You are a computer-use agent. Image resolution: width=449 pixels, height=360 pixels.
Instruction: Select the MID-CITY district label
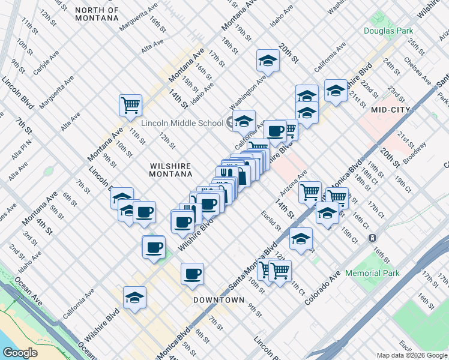pos(391,110)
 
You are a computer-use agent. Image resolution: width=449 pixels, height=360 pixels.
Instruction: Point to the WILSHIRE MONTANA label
pos(171,168)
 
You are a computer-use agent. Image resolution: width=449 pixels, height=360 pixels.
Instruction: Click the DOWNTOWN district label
pos(219,299)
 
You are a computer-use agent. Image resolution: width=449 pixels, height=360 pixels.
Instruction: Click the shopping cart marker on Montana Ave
pos(130,106)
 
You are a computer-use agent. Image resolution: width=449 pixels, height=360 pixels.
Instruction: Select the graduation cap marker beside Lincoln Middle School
pos(244,121)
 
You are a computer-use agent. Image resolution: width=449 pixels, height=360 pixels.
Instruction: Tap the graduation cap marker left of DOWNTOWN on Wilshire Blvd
pos(134,298)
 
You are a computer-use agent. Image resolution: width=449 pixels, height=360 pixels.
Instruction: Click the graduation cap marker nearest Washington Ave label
pos(268,61)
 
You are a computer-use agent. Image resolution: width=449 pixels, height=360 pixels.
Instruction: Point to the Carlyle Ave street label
pos(46,62)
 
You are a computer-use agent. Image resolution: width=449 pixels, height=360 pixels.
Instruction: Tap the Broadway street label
pos(415,153)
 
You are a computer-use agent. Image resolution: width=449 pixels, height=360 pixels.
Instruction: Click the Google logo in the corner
pos(20,353)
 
